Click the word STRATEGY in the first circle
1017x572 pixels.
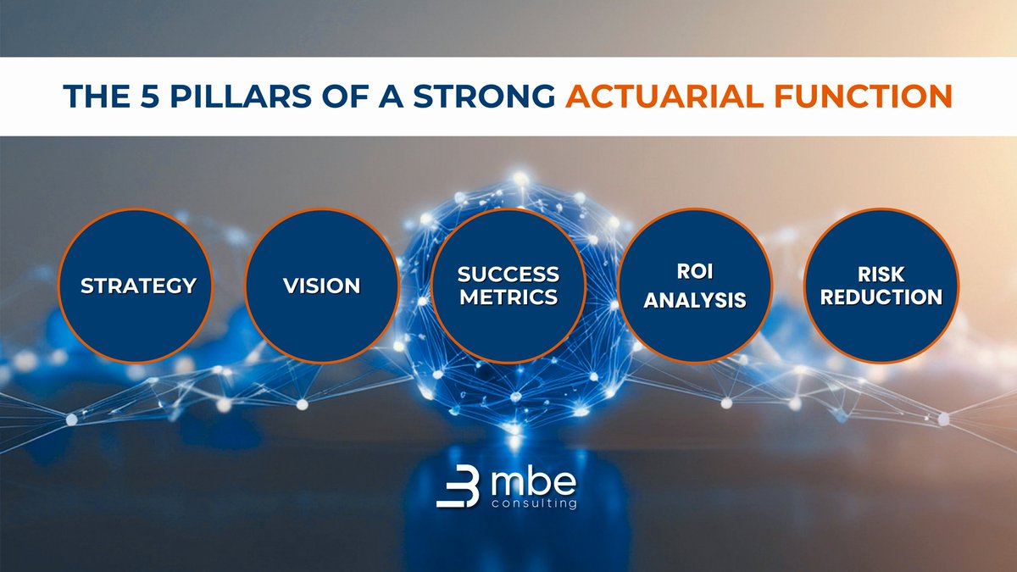click(x=138, y=286)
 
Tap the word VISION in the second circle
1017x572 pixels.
click(x=321, y=286)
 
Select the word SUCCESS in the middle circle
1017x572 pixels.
click(x=508, y=275)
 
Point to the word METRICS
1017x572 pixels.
click(x=508, y=297)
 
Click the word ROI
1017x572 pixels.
click(x=695, y=275)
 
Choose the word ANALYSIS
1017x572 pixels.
click(x=695, y=300)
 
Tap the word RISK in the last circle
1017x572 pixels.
click(x=881, y=275)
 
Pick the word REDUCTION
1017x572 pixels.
click(x=881, y=297)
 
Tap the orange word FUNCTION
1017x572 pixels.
click(x=861, y=97)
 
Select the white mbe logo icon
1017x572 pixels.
click(x=458, y=488)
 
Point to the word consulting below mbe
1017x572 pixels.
click(x=534, y=505)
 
